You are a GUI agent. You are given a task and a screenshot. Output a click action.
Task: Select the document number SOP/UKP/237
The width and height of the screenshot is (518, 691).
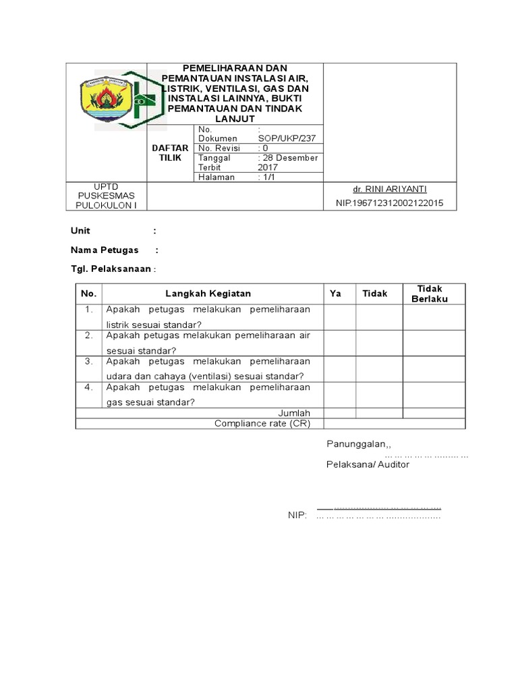pyautogui.click(x=287, y=138)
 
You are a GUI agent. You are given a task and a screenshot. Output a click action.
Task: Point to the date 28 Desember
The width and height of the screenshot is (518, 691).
pyautogui.click(x=288, y=158)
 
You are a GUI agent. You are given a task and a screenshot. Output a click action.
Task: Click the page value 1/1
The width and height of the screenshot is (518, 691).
pyautogui.click(x=270, y=177)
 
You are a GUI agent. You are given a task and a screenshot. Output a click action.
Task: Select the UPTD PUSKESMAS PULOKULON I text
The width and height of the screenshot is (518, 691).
pyautogui.click(x=107, y=196)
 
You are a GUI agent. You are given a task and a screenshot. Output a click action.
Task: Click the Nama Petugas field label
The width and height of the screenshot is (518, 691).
pyautogui.click(x=105, y=250)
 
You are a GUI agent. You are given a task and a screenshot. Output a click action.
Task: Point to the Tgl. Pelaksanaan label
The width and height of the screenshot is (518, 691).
pyautogui.click(x=111, y=269)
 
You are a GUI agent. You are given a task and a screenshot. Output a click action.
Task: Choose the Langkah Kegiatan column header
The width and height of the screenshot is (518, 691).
pyautogui.click(x=208, y=294)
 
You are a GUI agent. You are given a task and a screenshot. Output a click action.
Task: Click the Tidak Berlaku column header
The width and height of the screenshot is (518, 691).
pyautogui.click(x=430, y=294)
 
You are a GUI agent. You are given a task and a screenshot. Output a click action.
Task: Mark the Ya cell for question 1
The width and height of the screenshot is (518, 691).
pyautogui.click(x=339, y=317)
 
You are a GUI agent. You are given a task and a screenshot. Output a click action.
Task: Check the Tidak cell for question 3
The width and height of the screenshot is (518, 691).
pyautogui.click(x=379, y=369)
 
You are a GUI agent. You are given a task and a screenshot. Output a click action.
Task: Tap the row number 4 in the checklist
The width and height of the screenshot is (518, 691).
pyautogui.click(x=88, y=387)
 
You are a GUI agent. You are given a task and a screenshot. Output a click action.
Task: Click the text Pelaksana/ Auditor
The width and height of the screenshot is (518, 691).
pyautogui.click(x=368, y=464)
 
